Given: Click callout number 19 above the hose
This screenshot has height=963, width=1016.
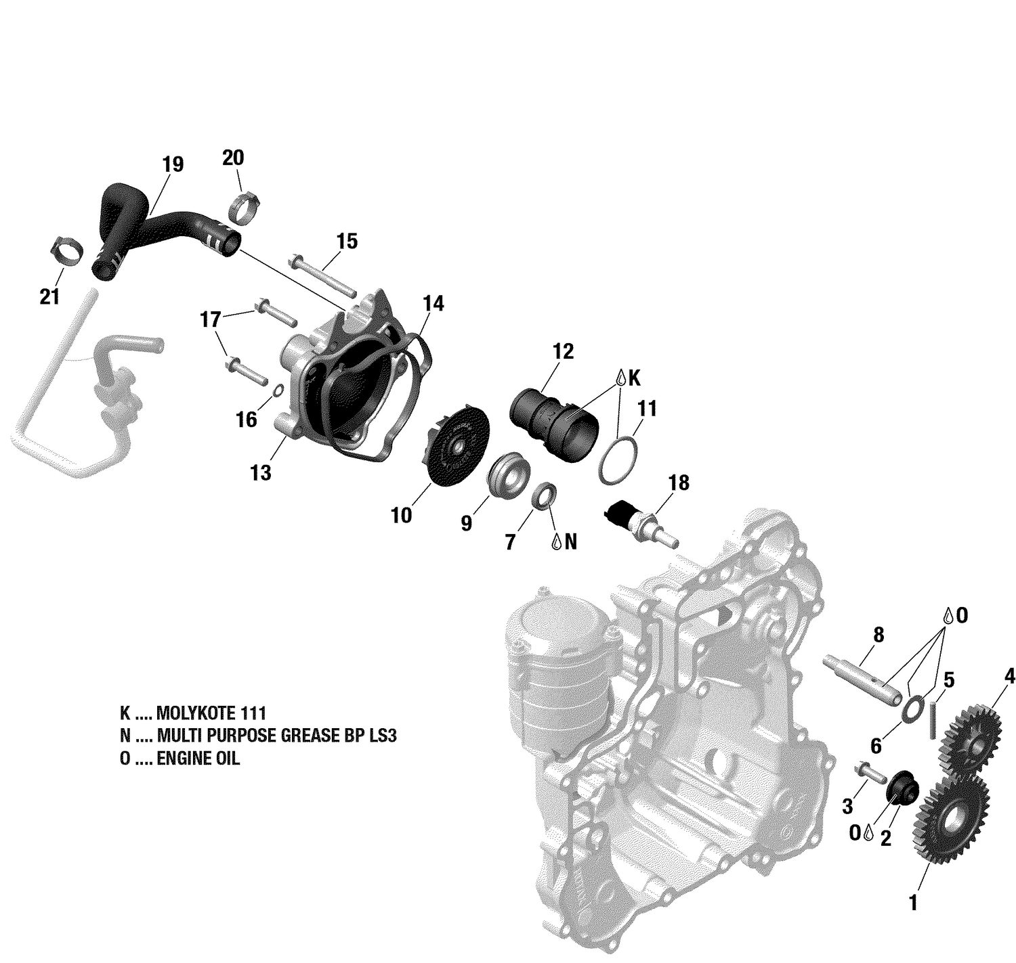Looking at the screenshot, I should (173, 164).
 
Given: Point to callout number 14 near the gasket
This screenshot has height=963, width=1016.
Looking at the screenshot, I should (433, 304).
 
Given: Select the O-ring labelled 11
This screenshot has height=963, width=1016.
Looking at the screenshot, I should (618, 461).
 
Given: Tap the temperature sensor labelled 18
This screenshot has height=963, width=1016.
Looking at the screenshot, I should (639, 522).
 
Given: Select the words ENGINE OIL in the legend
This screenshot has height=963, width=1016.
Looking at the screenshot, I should (198, 759).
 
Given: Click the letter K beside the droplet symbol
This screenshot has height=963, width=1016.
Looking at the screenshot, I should (634, 378).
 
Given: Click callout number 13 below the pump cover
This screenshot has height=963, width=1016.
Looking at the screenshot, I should (260, 472).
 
